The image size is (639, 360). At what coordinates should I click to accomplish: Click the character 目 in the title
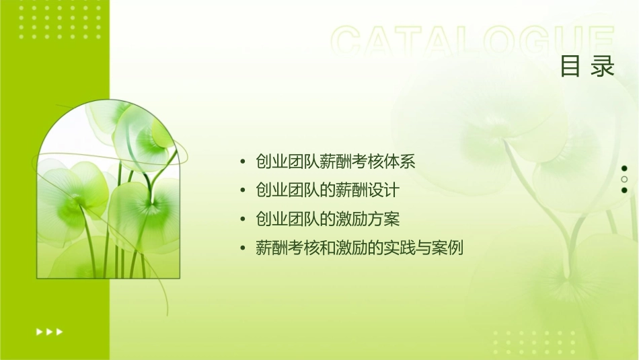(570, 67)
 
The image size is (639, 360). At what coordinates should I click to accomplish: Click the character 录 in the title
(603, 67)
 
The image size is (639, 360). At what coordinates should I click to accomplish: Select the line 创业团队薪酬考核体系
(336, 161)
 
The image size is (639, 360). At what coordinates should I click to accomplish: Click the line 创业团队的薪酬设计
(328, 190)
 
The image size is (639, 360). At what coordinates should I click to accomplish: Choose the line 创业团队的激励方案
(328, 219)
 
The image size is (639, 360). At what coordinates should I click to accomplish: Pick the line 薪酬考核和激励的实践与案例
(360, 248)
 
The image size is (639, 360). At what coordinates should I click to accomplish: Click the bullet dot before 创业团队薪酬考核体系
(243, 162)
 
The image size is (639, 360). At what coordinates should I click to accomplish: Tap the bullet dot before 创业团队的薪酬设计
(243, 191)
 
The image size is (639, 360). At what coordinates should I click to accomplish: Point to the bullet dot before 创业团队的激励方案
(243, 220)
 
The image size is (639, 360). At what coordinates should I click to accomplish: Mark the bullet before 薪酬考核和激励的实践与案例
(243, 249)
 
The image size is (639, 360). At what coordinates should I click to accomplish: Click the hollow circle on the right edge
(624, 179)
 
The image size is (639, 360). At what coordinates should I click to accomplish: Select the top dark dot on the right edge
(624, 168)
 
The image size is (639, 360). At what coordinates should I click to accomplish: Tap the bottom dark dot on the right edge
(624, 190)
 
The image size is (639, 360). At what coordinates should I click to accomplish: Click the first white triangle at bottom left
(39, 331)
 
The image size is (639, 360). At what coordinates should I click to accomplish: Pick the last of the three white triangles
(60, 331)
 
